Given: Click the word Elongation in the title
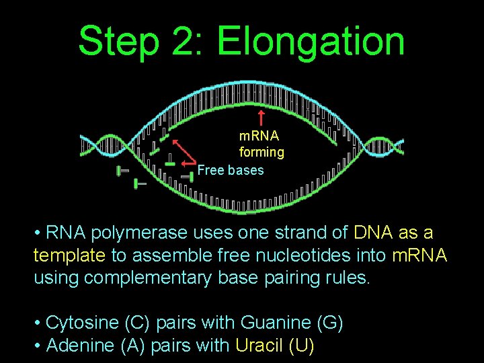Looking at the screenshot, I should click(x=311, y=42).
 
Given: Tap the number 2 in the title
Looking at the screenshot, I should click(x=186, y=42).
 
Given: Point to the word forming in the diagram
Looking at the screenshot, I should click(x=261, y=153).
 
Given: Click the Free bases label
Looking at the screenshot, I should click(x=231, y=171).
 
